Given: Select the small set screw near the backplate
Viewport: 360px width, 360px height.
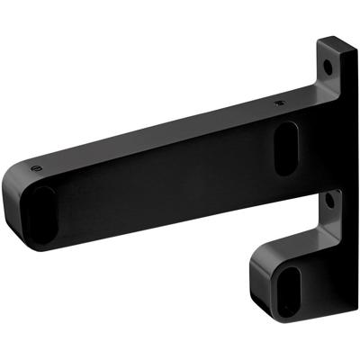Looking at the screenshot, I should coord(279,104).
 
